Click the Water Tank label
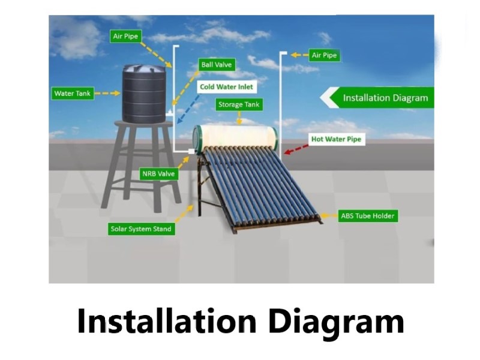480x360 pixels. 73,94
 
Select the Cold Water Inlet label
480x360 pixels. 227,87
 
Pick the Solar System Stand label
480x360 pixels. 142,229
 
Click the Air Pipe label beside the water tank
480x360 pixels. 125,36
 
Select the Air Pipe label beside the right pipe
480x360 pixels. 325,55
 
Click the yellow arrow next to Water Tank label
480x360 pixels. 107,94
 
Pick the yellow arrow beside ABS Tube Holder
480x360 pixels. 329,216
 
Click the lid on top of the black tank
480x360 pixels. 144,67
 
